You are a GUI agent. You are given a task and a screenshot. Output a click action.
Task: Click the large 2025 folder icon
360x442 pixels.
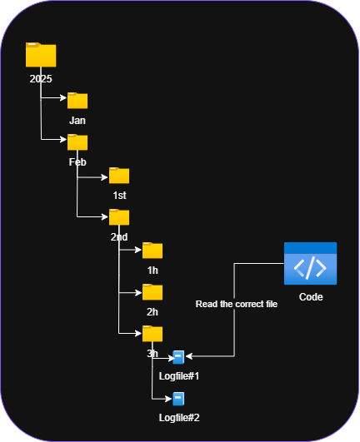click(x=40, y=55)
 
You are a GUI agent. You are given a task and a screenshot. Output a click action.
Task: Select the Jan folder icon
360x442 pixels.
click(x=77, y=101)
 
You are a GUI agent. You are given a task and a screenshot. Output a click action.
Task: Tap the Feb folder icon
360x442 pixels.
click(x=77, y=142)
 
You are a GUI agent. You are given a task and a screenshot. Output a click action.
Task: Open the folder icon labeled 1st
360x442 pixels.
click(x=119, y=175)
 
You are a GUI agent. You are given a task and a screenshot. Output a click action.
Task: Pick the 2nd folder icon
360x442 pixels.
click(x=119, y=217)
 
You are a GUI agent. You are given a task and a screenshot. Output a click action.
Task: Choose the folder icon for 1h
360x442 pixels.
click(x=152, y=251)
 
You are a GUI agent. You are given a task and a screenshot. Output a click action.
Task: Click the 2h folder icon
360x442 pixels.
click(x=152, y=291)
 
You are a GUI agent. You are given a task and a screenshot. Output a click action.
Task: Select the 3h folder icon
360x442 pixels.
click(x=152, y=334)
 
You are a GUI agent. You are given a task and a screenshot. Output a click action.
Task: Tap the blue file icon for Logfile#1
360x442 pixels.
click(x=178, y=357)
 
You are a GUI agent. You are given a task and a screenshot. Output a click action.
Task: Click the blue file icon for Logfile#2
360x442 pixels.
click(x=178, y=399)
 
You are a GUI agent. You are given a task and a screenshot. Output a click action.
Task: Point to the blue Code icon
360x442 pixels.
click(x=310, y=264)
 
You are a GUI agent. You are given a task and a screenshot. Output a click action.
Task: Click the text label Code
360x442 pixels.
click(x=310, y=297)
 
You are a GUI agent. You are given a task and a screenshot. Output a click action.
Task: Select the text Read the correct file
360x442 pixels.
click(x=236, y=305)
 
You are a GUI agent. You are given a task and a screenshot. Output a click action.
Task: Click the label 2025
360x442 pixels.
click(x=40, y=79)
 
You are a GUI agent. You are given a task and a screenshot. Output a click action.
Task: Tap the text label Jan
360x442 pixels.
click(x=77, y=121)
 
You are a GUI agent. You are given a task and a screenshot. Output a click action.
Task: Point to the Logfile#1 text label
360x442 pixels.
click(x=179, y=376)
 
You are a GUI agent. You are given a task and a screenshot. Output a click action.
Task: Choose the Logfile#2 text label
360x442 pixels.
click(x=179, y=417)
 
